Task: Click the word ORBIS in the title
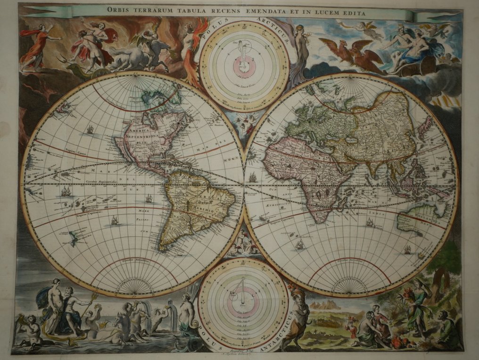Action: [119, 9]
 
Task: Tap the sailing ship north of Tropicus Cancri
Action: [91, 128]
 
